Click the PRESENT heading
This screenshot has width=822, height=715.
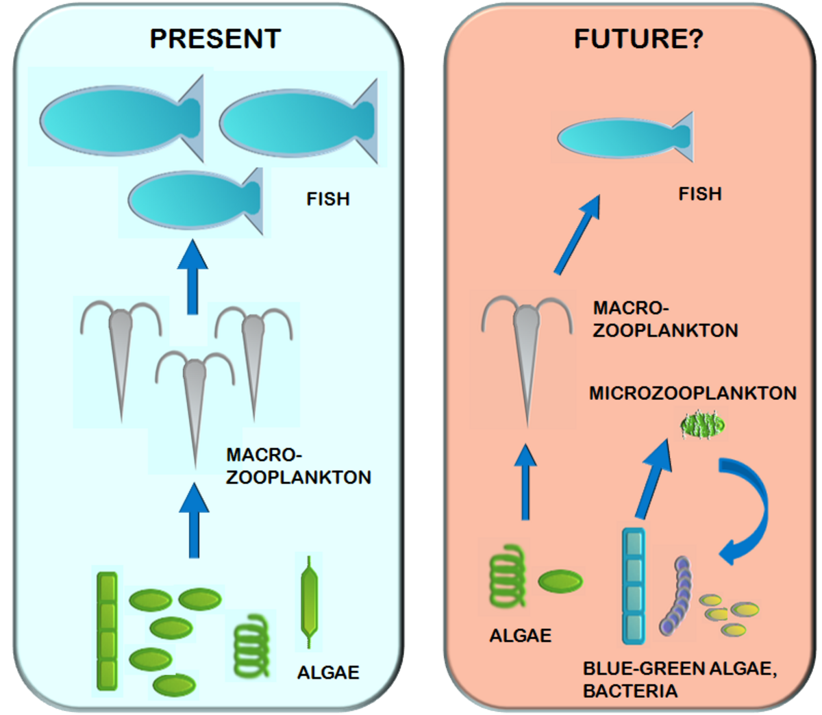tap(215, 38)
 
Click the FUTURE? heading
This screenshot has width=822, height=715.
tap(638, 38)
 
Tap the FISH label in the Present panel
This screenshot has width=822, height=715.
tap(328, 199)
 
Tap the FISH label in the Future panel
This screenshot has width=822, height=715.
tap(700, 194)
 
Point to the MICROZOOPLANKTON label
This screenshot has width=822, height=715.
tap(693, 393)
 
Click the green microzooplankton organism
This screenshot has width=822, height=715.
tap(702, 426)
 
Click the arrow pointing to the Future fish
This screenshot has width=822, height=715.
tap(577, 235)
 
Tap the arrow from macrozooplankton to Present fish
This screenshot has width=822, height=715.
tap(193, 277)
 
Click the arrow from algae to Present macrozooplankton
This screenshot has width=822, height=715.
tap(194, 520)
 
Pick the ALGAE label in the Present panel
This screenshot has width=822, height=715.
tap(328, 673)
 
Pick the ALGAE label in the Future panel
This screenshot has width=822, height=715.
tap(520, 636)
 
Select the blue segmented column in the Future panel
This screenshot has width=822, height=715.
tap(634, 586)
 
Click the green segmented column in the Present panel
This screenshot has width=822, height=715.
tap(107, 630)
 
